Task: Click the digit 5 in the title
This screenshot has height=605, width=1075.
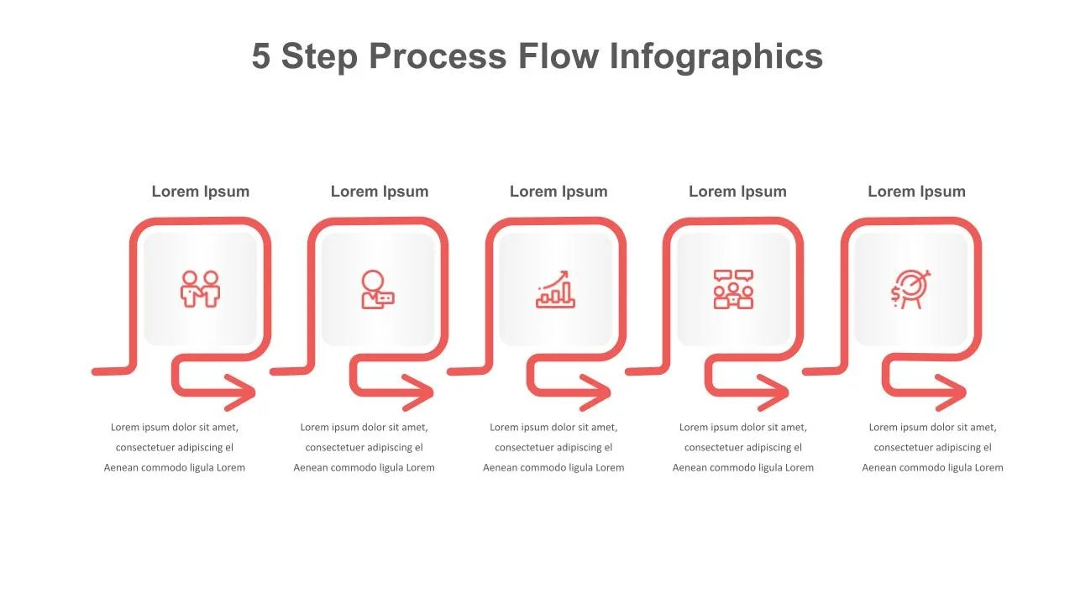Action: coord(261,55)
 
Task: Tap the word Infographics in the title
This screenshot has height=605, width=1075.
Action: coord(716,56)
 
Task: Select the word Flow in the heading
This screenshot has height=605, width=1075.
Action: coord(558,55)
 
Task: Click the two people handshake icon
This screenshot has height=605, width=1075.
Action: coord(200,289)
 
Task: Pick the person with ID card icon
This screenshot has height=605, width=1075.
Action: coord(378,289)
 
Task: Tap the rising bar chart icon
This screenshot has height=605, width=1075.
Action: coord(555,289)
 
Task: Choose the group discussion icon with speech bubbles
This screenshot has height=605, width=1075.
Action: coord(733,289)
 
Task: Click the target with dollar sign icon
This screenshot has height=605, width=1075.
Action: coord(910,289)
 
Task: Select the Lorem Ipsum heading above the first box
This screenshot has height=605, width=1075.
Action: coord(201,192)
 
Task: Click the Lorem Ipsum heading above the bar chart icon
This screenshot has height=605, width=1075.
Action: coord(558,192)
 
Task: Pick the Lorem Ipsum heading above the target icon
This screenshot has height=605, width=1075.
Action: coord(916,192)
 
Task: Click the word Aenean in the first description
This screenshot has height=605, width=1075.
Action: coord(120,468)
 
